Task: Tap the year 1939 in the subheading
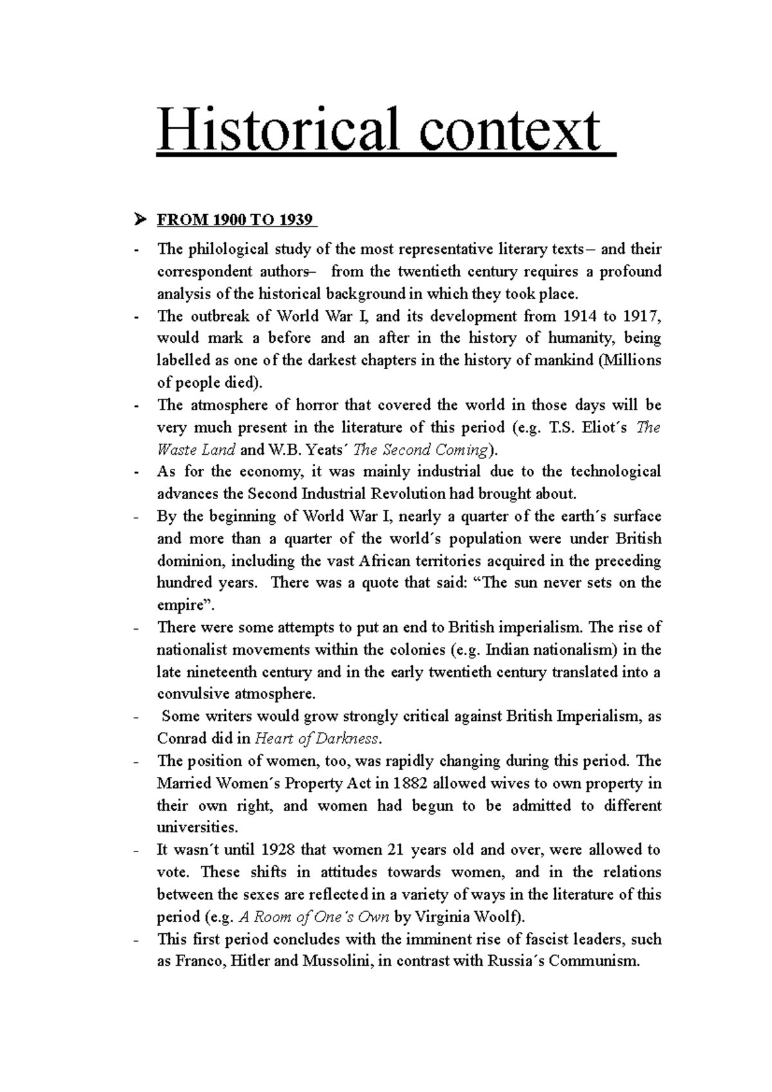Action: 297,221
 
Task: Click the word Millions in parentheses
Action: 630,360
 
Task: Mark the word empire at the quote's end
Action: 179,605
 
